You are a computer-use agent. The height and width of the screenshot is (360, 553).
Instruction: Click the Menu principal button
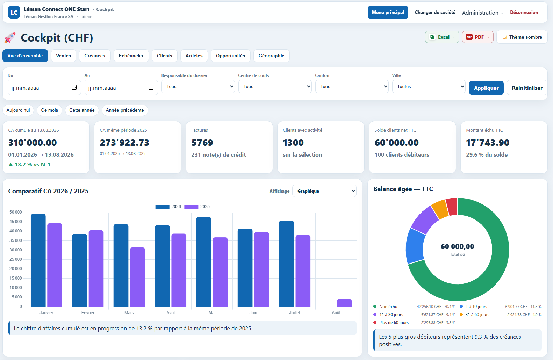(x=388, y=12)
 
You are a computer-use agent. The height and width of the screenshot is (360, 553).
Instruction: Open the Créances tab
(x=95, y=56)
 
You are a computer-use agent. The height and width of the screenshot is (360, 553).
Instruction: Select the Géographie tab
(x=271, y=56)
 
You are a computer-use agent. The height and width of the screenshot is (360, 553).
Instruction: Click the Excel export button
(x=442, y=37)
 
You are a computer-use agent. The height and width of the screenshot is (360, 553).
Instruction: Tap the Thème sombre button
(x=522, y=37)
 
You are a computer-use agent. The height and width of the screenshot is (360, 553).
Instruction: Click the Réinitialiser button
(x=527, y=88)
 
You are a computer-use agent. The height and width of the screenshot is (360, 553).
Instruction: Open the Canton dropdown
(x=352, y=86)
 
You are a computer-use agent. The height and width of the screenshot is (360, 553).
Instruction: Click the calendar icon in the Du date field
(x=74, y=87)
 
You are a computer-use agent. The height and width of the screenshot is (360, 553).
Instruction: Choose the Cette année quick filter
(x=82, y=110)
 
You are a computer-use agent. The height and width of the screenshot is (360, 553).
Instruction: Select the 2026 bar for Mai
(x=204, y=262)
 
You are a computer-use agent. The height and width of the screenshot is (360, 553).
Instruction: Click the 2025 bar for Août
(x=344, y=303)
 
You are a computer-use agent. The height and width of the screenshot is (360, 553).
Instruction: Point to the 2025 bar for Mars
(x=137, y=277)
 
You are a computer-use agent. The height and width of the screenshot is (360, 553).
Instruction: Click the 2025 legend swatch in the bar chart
(x=191, y=207)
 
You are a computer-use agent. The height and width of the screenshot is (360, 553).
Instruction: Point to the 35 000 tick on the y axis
(x=15, y=240)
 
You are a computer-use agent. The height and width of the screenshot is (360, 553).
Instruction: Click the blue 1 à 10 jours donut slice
(x=415, y=246)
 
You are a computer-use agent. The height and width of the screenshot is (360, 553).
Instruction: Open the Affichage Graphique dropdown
(x=324, y=191)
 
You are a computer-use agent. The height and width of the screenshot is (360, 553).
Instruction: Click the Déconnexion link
(x=524, y=12)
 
